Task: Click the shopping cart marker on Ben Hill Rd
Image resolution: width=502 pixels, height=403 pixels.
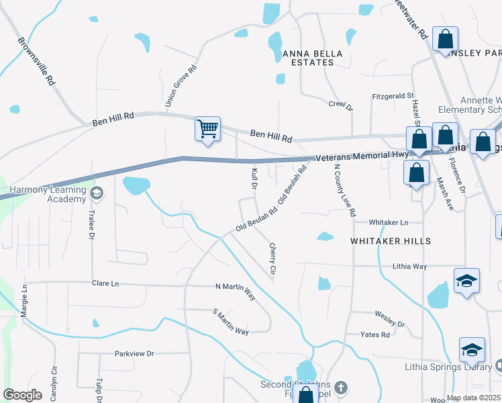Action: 207,128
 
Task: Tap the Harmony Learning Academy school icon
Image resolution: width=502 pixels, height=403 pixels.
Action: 97,194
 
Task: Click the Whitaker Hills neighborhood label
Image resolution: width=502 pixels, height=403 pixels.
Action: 390,240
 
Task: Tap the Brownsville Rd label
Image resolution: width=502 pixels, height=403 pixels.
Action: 36,60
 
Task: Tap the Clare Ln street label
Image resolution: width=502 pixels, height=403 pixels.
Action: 105,284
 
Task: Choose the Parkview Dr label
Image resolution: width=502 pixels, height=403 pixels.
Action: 134,353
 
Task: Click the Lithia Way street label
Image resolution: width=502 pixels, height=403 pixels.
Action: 409,267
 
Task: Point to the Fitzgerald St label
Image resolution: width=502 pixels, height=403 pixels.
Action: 393,96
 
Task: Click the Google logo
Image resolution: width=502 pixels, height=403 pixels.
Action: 22,395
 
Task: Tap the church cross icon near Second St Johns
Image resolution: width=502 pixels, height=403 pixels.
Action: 341,388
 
